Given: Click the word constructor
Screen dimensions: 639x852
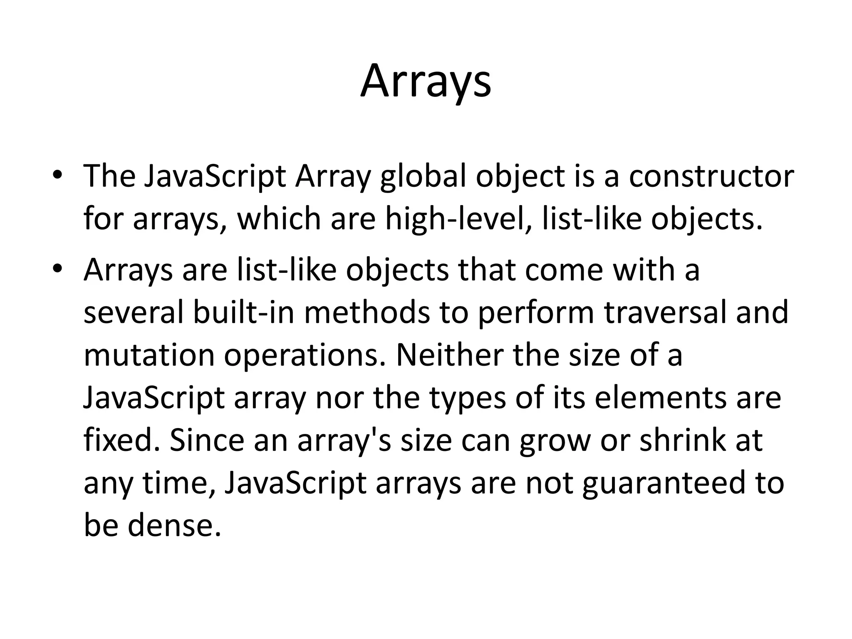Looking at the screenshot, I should (711, 176).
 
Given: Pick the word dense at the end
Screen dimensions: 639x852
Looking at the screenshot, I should (174, 525).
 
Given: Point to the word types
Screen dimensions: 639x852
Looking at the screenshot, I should (468, 398).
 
